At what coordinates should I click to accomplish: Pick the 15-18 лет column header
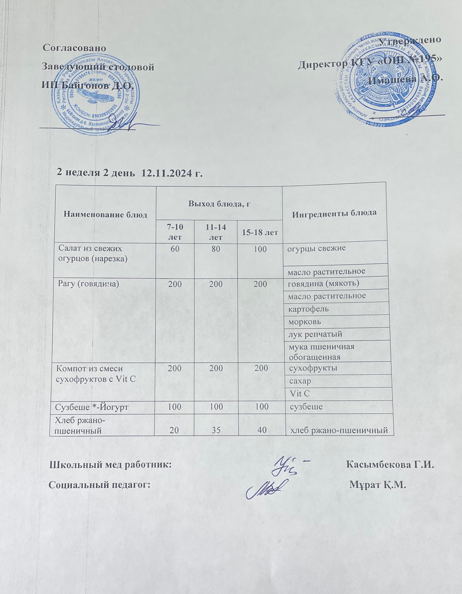coord(260,232)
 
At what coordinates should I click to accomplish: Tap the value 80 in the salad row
coord(216,249)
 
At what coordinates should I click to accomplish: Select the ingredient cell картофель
coord(309,309)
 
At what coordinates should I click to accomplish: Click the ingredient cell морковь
coord(305,322)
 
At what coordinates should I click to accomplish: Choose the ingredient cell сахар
coord(300,381)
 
